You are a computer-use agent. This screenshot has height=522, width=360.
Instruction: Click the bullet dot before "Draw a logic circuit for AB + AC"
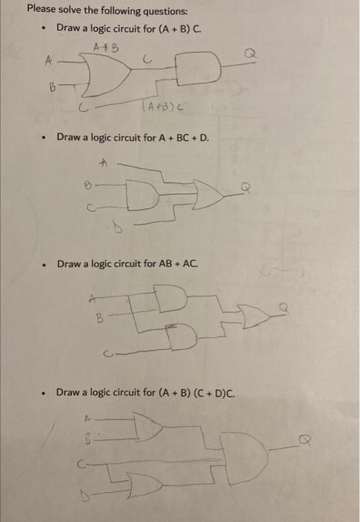47,264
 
